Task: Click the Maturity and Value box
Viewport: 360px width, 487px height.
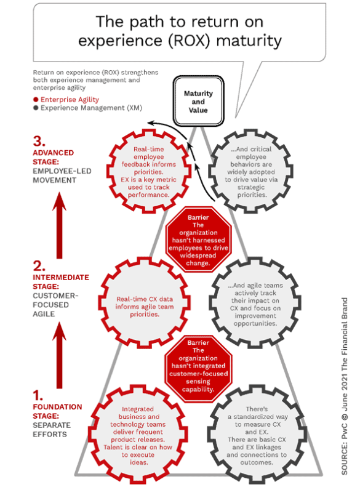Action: [198, 101]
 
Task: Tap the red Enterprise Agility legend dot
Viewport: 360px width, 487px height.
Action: [36, 100]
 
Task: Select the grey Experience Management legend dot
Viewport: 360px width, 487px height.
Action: [36, 108]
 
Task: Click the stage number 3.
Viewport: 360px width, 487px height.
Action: [39, 142]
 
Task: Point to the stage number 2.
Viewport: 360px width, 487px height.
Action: [39, 266]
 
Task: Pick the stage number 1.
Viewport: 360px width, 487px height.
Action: [38, 396]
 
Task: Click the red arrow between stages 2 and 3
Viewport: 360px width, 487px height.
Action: [59, 225]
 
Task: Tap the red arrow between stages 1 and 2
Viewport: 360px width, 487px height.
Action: [59, 355]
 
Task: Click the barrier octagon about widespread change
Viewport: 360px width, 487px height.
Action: [198, 239]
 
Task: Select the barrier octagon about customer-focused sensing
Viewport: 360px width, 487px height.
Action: [198, 369]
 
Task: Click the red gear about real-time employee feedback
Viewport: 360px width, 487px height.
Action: [149, 171]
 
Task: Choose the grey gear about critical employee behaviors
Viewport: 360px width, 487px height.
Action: [251, 171]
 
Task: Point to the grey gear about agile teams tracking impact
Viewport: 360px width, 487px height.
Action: [255, 304]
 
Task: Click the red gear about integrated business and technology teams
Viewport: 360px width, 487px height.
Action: [138, 435]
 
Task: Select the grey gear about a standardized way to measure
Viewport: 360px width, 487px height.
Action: [257, 435]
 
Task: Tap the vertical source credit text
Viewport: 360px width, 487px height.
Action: [345, 387]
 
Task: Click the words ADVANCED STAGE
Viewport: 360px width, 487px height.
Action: [54, 157]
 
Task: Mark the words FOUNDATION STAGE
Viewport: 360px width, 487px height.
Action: [57, 411]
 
